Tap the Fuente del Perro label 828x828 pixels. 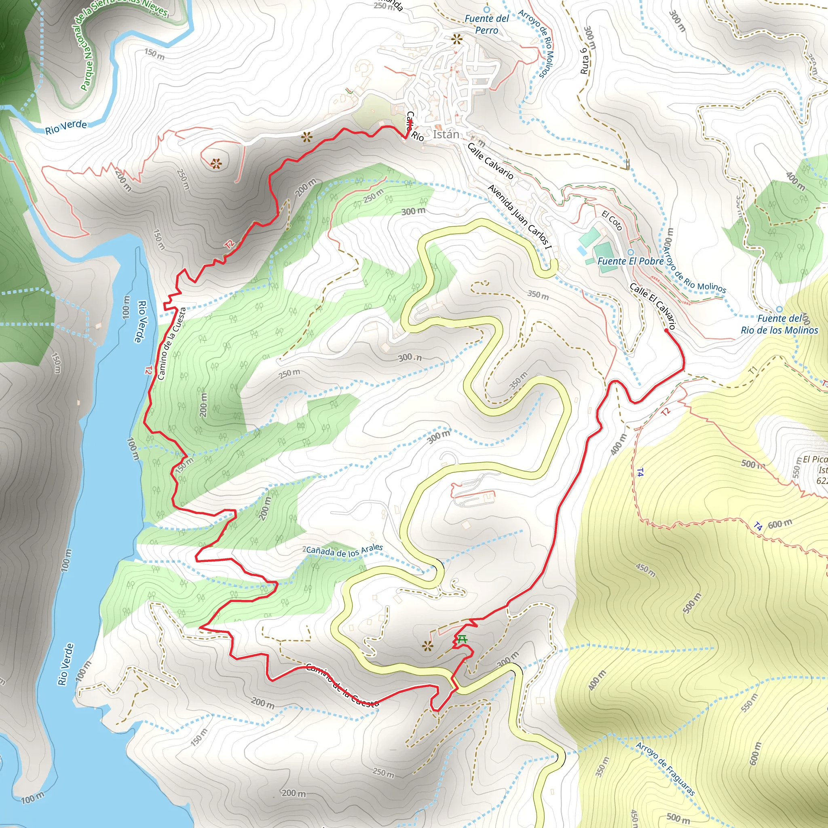(486, 24)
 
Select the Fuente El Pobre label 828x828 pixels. (630, 261)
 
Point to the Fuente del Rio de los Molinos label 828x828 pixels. (779, 324)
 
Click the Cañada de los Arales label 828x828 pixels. (344, 551)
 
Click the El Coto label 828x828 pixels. (612, 220)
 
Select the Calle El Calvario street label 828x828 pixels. (652, 306)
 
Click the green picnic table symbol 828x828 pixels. (461, 640)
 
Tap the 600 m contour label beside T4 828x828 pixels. (779, 524)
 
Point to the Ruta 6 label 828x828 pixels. (584, 61)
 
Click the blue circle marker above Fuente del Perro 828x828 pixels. (486, 9)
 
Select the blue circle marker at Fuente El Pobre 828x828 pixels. (630, 252)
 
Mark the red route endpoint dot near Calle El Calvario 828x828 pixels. (666, 330)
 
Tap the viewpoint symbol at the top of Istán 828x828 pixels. (457, 40)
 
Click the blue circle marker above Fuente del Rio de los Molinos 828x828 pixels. (779, 309)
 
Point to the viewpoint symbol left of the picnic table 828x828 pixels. (427, 646)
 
